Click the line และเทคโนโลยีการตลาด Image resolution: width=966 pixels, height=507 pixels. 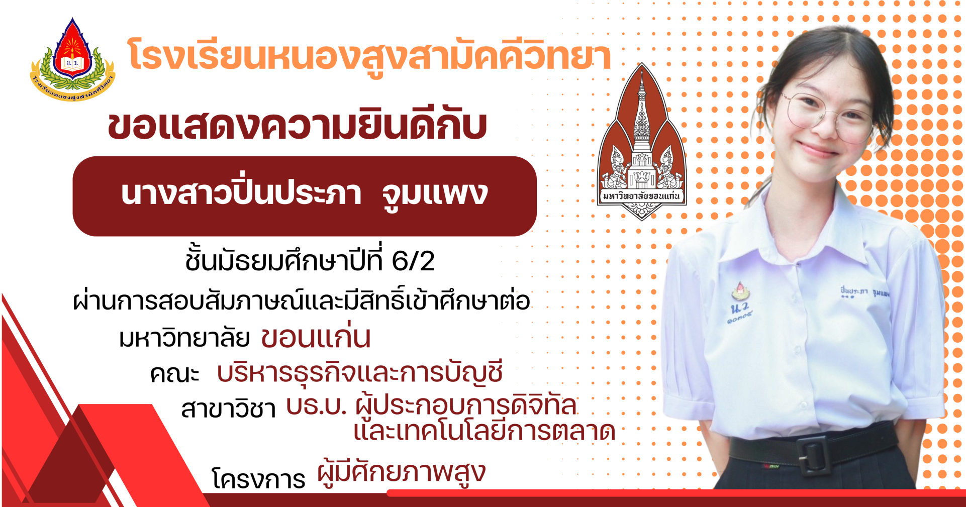(x=485, y=430)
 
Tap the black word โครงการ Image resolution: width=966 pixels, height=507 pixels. (x=259, y=478)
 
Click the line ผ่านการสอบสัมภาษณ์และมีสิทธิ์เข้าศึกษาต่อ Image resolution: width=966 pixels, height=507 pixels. (x=301, y=300)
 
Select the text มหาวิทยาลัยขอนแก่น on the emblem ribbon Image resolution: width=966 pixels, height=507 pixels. (x=642, y=196)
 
